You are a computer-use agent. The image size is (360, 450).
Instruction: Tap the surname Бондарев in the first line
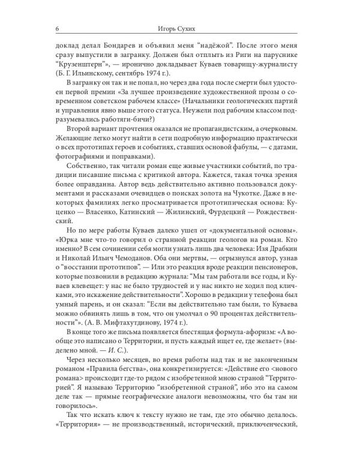tap(122, 44)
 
